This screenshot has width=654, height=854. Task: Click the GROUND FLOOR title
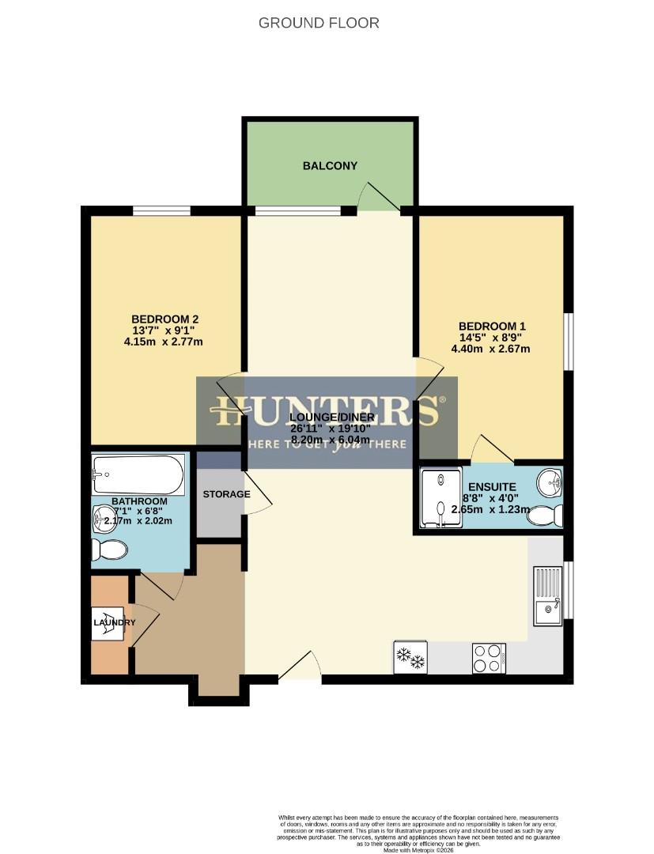(x=319, y=23)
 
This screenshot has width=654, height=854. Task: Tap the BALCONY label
(x=330, y=166)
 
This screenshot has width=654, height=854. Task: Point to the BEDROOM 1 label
(x=492, y=326)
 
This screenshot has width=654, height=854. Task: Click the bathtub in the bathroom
(x=138, y=474)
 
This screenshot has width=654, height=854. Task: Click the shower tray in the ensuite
(x=441, y=497)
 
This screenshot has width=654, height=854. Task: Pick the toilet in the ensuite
(x=545, y=516)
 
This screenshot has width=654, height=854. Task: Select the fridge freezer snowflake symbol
(x=410, y=657)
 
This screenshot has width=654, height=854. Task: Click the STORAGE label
(x=226, y=495)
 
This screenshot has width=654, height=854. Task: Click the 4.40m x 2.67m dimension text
(x=490, y=349)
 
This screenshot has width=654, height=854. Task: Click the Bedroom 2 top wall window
(x=161, y=210)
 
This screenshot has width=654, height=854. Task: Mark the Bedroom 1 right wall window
(x=567, y=341)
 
